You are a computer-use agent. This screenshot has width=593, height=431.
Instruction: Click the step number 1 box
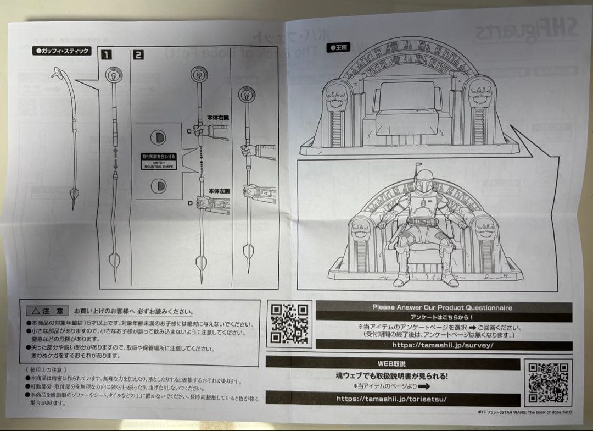[105, 55]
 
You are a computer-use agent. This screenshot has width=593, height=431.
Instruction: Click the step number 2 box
[138, 55]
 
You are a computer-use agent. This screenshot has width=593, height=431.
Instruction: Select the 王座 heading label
[339, 48]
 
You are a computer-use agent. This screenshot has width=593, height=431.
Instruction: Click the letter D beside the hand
[191, 203]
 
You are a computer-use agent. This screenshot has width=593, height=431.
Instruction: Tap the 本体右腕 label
[220, 117]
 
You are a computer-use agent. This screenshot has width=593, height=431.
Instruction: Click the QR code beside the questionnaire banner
[289, 324]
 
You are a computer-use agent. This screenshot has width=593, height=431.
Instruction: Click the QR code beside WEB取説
[547, 383]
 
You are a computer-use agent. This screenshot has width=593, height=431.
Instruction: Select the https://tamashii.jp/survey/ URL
[443, 345]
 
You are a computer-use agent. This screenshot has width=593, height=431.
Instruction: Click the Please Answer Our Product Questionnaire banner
[442, 307]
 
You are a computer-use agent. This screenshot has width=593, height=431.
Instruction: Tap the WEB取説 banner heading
[392, 363]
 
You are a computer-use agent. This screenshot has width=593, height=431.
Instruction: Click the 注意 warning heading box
[48, 311]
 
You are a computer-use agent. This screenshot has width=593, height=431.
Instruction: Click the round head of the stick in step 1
[114, 75]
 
